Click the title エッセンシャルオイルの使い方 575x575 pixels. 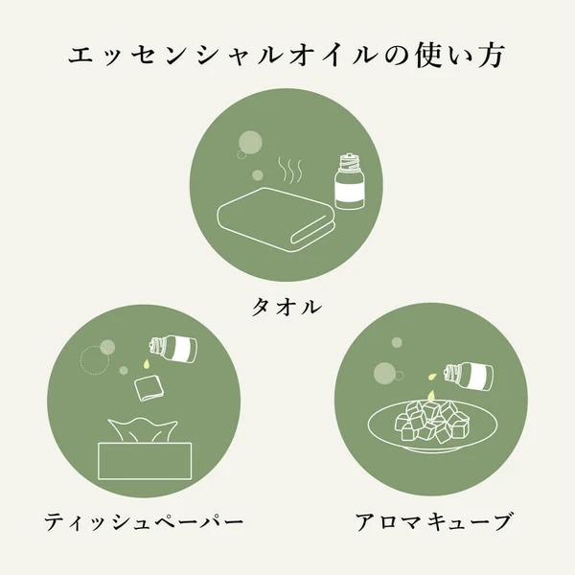287,55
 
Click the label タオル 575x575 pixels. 287,307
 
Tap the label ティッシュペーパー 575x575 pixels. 144,522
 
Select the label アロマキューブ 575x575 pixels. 432,522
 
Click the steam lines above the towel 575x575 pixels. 288,172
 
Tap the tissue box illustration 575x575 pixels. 145,460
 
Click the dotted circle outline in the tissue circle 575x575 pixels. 95,359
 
